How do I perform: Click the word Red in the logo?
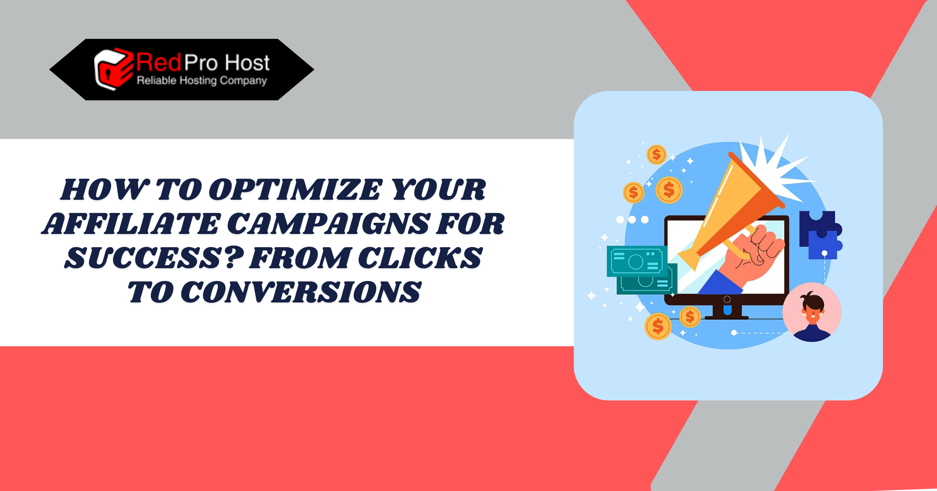159,62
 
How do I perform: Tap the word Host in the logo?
247,62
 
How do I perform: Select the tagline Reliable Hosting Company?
201,81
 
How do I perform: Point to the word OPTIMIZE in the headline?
295,190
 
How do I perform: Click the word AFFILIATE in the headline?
131,224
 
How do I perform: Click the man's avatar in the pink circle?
812,312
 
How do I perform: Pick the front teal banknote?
637,261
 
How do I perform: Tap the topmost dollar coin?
656,154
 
